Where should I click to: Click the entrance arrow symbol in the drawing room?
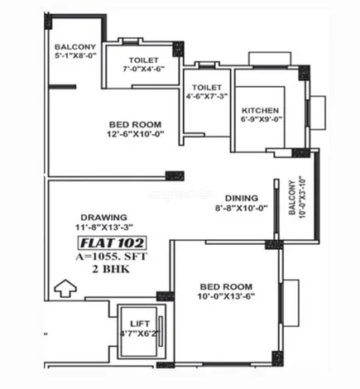[x=65, y=288]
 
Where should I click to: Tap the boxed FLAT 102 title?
[x=112, y=243]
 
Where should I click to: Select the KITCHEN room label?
[x=260, y=111]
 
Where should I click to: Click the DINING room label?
[x=242, y=198]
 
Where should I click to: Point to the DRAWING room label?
[x=104, y=218]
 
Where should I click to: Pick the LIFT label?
[x=140, y=324]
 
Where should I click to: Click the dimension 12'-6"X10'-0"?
[x=136, y=134]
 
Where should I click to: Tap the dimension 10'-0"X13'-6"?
[x=226, y=296]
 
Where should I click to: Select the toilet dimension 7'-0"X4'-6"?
[x=144, y=69]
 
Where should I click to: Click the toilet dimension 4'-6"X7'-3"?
[x=207, y=96]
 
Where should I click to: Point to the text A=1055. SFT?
[x=112, y=257]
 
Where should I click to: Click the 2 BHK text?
[x=111, y=269]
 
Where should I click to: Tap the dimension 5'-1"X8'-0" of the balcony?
[x=75, y=55]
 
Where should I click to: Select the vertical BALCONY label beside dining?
[x=292, y=197]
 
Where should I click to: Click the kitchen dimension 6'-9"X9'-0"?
[x=261, y=119]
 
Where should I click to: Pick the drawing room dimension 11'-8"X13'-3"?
[x=104, y=228]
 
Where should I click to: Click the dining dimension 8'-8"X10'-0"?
[x=242, y=208]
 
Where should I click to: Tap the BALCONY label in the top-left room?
[x=75, y=47]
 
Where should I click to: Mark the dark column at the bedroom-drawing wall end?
[x=175, y=175]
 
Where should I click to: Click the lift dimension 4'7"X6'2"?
[x=140, y=334]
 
